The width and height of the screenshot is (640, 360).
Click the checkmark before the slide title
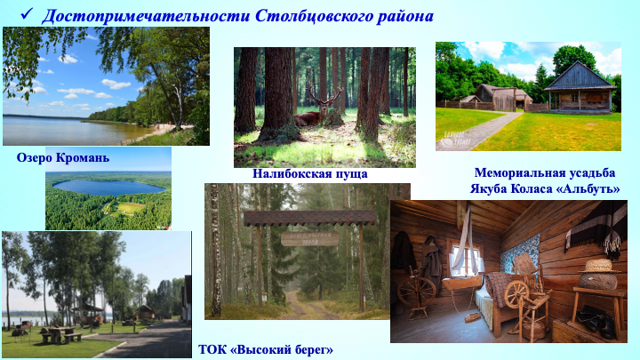27,13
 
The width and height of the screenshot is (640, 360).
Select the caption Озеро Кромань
63,157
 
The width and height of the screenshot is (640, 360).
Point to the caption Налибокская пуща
310,174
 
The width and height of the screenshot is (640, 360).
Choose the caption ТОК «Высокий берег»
266,350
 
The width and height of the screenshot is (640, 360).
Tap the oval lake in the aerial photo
109,188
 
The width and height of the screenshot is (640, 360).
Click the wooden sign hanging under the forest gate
310,239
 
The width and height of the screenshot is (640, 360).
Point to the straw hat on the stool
599,266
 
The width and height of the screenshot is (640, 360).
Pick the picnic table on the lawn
60,334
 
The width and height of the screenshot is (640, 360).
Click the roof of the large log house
580,76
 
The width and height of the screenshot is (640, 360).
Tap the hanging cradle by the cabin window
462,283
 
